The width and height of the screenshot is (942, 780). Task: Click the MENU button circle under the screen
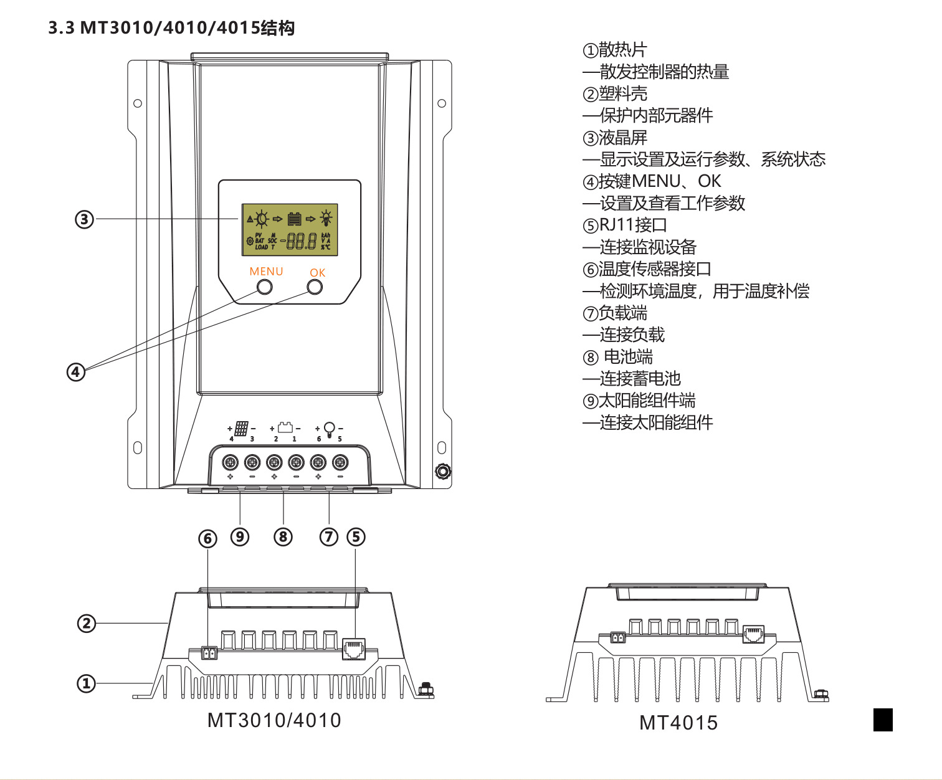pyautogui.click(x=265, y=287)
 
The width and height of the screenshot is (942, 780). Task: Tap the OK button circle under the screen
pyautogui.click(x=315, y=287)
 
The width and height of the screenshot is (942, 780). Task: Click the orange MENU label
pyautogui.click(x=266, y=272)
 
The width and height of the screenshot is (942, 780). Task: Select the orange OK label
pyautogui.click(x=317, y=273)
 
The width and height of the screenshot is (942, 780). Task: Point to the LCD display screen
pyautogui.click(x=290, y=229)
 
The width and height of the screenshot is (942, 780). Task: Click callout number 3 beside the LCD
pyautogui.click(x=84, y=219)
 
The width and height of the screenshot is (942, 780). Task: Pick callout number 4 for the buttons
pyautogui.click(x=76, y=372)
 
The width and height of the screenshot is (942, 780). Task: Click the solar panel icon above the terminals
pyautogui.click(x=242, y=428)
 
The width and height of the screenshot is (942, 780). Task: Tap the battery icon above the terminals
pyautogui.click(x=285, y=427)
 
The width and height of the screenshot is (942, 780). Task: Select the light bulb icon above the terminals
pyautogui.click(x=330, y=429)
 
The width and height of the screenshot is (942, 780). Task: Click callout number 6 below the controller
pyautogui.click(x=207, y=538)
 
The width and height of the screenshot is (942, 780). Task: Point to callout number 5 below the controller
pyautogui.click(x=356, y=536)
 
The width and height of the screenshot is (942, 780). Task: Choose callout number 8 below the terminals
pyautogui.click(x=283, y=536)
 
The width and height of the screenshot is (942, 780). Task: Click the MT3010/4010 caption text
pyautogui.click(x=274, y=720)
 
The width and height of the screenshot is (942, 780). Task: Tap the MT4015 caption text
pyautogui.click(x=678, y=723)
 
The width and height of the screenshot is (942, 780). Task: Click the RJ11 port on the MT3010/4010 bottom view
pyautogui.click(x=354, y=649)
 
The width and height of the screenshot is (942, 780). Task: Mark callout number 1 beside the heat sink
pyautogui.click(x=86, y=683)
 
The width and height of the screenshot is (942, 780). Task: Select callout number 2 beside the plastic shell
pyautogui.click(x=86, y=623)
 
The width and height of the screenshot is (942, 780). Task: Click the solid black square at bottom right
pyautogui.click(x=883, y=720)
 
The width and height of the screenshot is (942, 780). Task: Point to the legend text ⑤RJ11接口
pyautogui.click(x=625, y=225)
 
